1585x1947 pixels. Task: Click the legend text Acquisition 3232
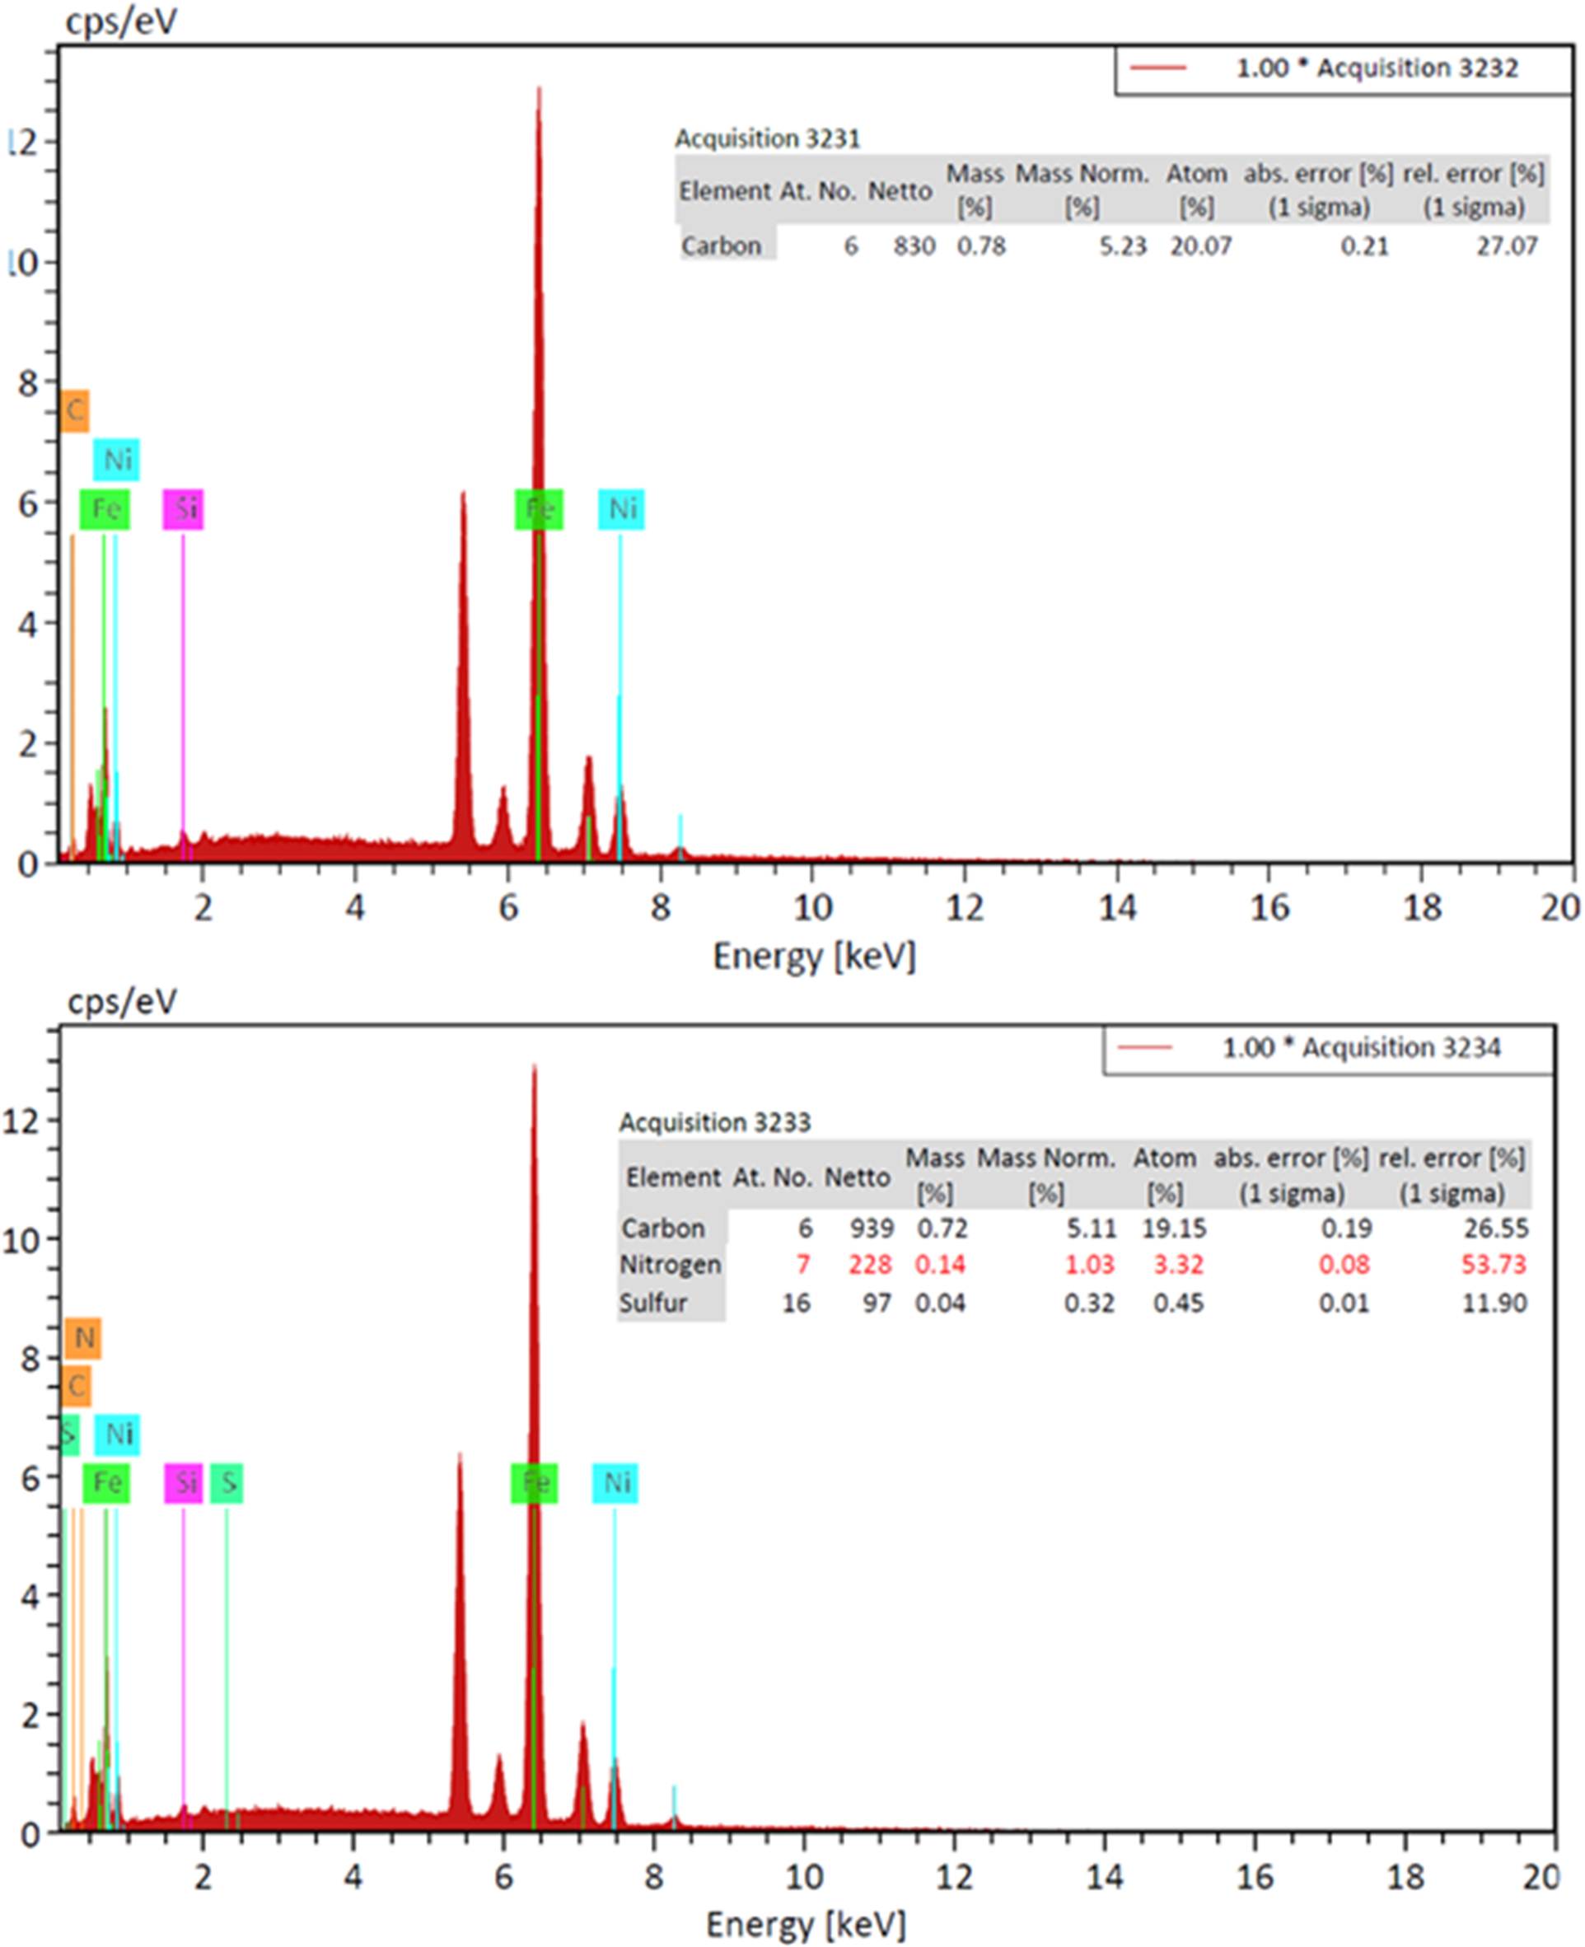pyautogui.click(x=1376, y=68)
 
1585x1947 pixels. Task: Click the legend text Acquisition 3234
pyautogui.click(x=1361, y=1047)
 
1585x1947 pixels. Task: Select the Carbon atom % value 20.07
pyautogui.click(x=1200, y=246)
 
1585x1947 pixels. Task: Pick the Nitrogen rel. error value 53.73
pyautogui.click(x=1494, y=1265)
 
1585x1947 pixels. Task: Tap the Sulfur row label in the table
pyautogui.click(x=654, y=1303)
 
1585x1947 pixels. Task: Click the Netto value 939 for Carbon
pyautogui.click(x=872, y=1229)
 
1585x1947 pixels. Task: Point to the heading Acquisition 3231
pyautogui.click(x=767, y=138)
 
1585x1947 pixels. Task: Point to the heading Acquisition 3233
pyautogui.click(x=715, y=1122)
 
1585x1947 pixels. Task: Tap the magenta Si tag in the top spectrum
pyautogui.click(x=184, y=508)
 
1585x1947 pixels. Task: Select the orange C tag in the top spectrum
pyautogui.click(x=75, y=410)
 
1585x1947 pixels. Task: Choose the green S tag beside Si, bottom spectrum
pyautogui.click(x=227, y=1482)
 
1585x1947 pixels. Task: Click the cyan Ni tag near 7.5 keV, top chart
pyautogui.click(x=622, y=508)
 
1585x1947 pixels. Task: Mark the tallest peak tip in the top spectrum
pyautogui.click(x=539, y=89)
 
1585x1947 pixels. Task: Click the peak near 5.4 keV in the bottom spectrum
pyautogui.click(x=459, y=1455)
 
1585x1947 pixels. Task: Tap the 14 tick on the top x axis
pyautogui.click(x=1116, y=908)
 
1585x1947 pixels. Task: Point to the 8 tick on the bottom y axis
pyautogui.click(x=30, y=1359)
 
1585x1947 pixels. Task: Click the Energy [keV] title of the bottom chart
pyautogui.click(x=806, y=1923)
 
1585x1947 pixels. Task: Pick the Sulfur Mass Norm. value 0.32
pyautogui.click(x=1089, y=1303)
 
